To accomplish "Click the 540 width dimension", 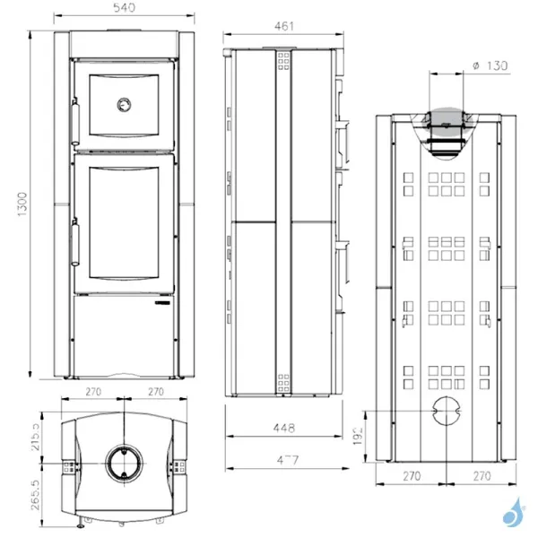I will coord(124,8).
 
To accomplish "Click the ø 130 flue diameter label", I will coord(490,65).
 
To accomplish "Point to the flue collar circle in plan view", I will coord(124,464).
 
